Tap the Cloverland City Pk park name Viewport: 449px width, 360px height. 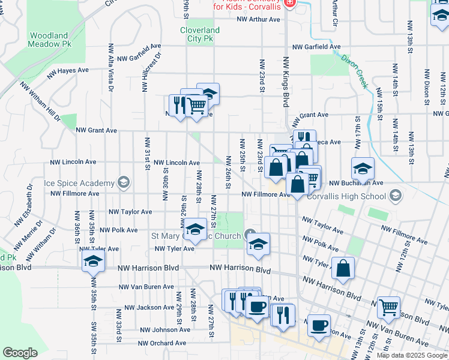click(200, 34)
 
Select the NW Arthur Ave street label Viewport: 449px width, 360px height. click(259, 19)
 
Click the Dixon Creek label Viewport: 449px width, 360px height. click(354, 71)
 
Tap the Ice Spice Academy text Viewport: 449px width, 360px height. click(79, 183)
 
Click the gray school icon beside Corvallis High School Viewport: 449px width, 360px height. click(395, 196)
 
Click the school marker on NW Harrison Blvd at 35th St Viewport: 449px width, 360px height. click(94, 260)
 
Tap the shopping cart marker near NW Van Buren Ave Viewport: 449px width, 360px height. click(388, 307)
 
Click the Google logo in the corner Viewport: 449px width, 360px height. click(20, 353)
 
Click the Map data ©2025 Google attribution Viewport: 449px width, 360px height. click(411, 355)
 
